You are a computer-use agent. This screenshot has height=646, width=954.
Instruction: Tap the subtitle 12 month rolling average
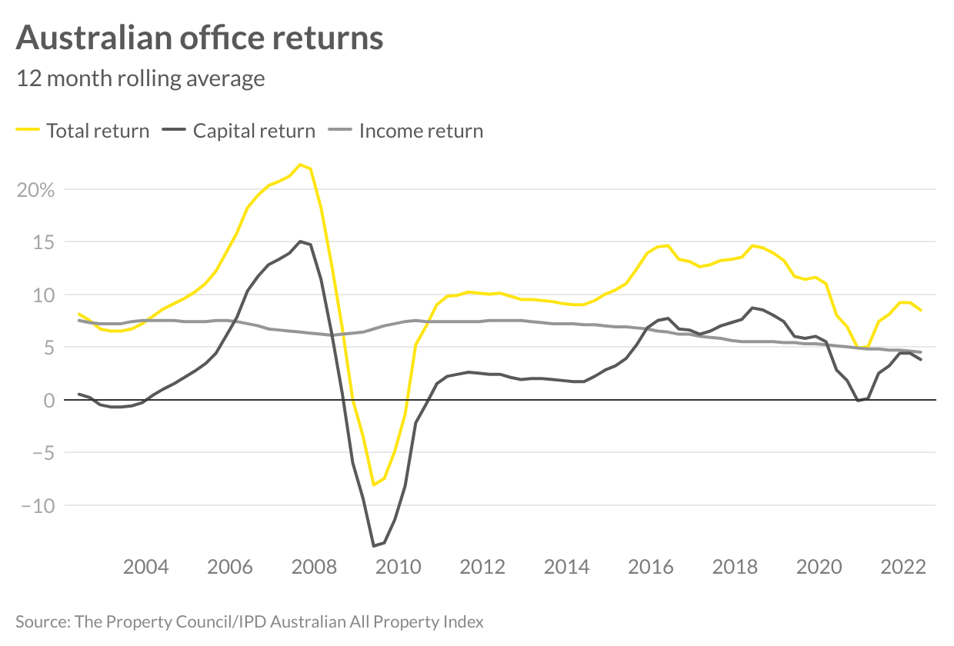tap(141, 78)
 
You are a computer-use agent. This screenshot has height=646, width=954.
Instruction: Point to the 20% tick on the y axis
tap(35, 190)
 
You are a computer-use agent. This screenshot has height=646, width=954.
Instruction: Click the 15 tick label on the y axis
tap(44, 242)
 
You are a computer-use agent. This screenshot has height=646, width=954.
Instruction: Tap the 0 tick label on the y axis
tap(49, 401)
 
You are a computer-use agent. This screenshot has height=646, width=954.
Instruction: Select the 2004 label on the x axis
tap(146, 568)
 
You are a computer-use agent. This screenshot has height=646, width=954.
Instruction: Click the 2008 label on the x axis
tap(314, 568)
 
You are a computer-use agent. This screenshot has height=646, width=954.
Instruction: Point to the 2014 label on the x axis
tap(566, 568)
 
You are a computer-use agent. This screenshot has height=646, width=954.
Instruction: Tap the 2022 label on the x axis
tap(902, 568)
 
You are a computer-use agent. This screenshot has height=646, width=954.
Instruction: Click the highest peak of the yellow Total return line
tap(300, 164)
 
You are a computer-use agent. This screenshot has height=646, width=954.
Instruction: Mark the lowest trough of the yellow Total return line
tap(374, 484)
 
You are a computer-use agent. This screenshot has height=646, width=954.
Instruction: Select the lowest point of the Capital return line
tap(374, 546)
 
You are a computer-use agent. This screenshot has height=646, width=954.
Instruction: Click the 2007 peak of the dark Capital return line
tap(300, 241)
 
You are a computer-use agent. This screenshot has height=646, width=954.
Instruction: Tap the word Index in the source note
tap(465, 621)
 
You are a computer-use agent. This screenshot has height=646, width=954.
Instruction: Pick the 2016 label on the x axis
tap(650, 568)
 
